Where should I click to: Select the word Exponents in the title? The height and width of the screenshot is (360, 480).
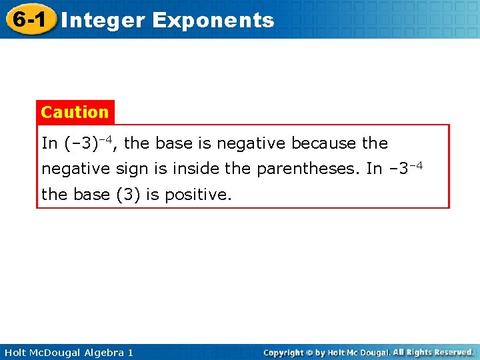pyautogui.click(x=213, y=21)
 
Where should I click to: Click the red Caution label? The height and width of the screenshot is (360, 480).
pyautogui.click(x=75, y=112)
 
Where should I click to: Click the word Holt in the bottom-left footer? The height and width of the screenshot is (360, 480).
pyautogui.click(x=15, y=352)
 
